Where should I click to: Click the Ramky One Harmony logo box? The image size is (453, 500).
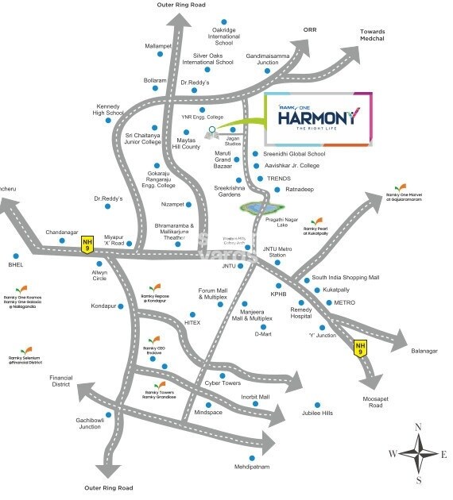coord(316,118)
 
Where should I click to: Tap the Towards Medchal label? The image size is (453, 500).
coord(367,35)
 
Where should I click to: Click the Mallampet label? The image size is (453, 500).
coord(158,47)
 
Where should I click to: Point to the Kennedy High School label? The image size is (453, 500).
coord(108,110)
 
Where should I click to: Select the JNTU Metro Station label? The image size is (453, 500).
coord(274,252)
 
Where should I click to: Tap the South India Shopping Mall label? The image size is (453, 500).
coord(346,278)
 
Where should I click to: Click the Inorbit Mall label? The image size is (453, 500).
coord(256,396)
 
